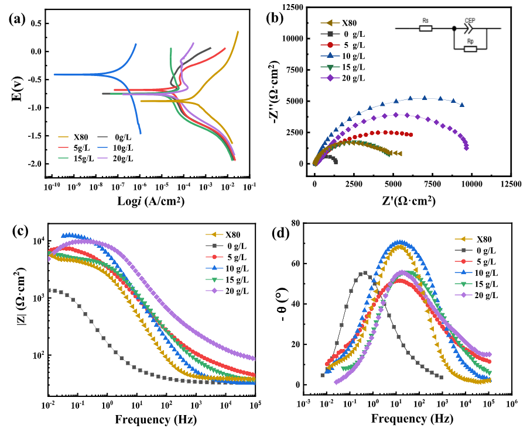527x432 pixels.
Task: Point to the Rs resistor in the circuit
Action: point(425,27)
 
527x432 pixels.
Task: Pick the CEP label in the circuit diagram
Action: point(470,20)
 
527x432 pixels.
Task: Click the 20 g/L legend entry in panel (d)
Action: point(484,296)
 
